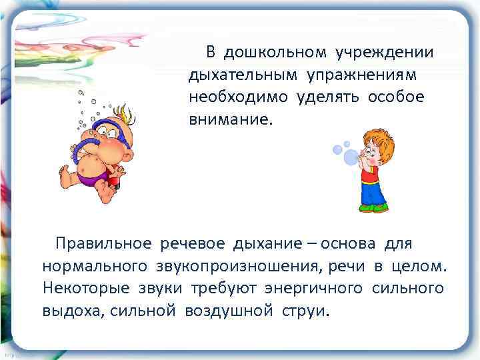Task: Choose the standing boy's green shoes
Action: (x=373, y=208)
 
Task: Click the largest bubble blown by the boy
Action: (x=351, y=157)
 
